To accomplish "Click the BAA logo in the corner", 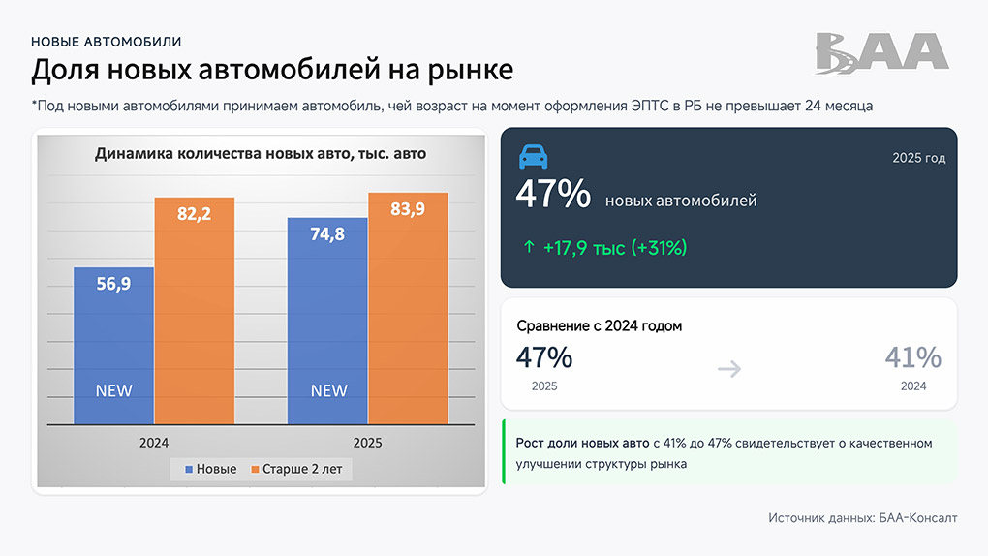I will click(x=881, y=53).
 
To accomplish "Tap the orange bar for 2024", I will click(x=194, y=320).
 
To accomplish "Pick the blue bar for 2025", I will click(x=327, y=329).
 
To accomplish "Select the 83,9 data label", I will click(x=408, y=210).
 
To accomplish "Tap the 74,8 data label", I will click(x=327, y=234).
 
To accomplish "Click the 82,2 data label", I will click(x=194, y=214).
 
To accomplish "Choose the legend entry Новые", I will click(x=209, y=469).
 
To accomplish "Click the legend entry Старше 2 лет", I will click(x=296, y=469).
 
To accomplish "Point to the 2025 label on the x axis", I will click(x=367, y=443).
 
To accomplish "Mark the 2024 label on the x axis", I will click(x=153, y=443).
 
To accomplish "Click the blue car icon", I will click(x=533, y=157).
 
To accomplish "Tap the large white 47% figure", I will click(x=553, y=195).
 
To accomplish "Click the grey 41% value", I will click(x=912, y=357).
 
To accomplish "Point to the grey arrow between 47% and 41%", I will click(x=729, y=368).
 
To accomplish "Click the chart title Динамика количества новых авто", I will click(x=260, y=153).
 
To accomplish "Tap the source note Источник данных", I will click(x=862, y=518).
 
